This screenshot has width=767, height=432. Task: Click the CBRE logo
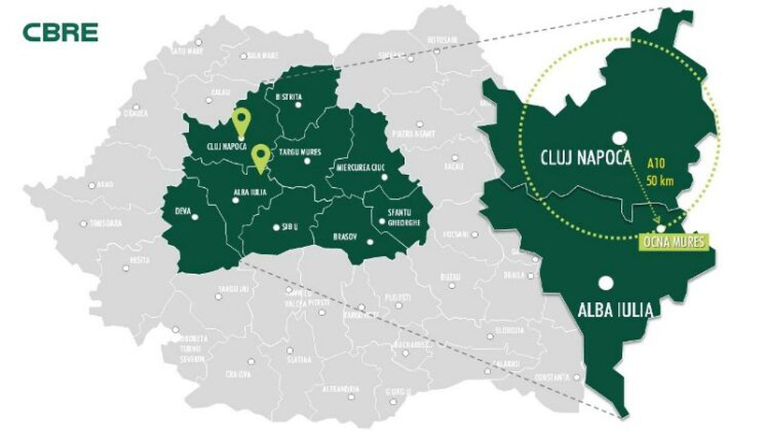[60, 32]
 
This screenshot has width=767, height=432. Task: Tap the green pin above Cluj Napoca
[241, 122]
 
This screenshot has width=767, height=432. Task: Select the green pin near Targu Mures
[260, 157]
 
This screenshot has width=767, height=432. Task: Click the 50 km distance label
[662, 179]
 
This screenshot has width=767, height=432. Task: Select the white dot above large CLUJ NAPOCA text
[618, 137]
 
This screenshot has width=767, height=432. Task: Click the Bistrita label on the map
[288, 97]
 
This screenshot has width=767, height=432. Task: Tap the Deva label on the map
[183, 211]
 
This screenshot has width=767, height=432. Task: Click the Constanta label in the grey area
[553, 377]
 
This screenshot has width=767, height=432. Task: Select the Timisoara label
[105, 223]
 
